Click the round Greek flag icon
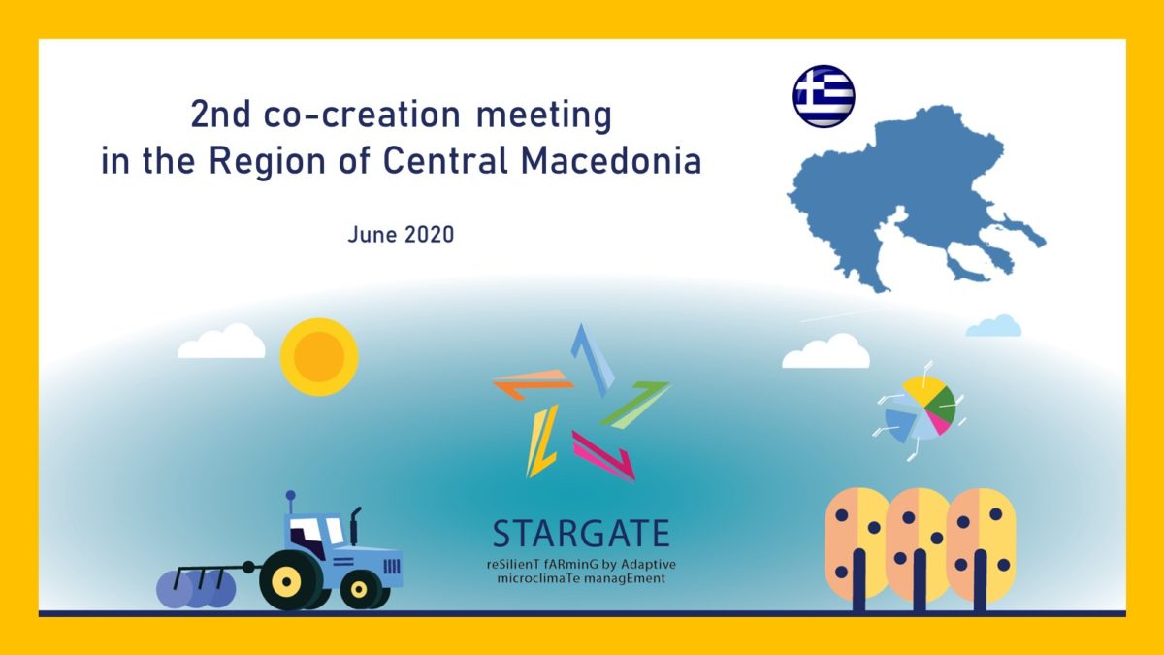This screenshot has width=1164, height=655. [824, 96]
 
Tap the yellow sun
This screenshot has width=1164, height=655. [319, 357]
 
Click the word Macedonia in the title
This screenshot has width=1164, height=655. [611, 161]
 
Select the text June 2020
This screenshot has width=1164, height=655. [401, 235]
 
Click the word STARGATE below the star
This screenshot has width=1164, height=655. [581, 534]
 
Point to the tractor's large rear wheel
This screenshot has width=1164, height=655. [285, 580]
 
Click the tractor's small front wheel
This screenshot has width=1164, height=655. [359, 590]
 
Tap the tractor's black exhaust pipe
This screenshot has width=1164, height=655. [355, 526]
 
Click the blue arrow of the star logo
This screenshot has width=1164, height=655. [593, 359]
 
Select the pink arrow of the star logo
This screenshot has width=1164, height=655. [604, 456]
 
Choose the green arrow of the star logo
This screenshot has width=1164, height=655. [636, 405]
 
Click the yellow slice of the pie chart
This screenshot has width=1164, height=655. [923, 389]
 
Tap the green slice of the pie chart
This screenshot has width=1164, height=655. [942, 406]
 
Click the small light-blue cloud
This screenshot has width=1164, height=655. [993, 326]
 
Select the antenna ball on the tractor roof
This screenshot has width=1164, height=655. [290, 495]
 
